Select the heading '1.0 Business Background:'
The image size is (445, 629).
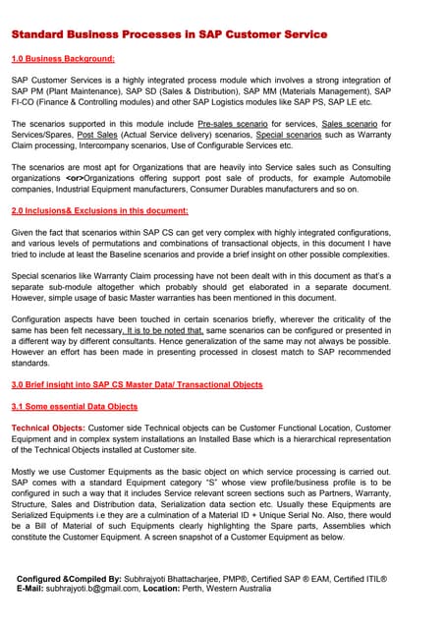click(63, 59)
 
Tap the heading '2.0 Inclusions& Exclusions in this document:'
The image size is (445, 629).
click(99, 211)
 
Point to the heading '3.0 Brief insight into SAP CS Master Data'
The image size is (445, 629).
click(137, 384)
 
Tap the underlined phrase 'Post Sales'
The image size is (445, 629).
click(96, 136)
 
